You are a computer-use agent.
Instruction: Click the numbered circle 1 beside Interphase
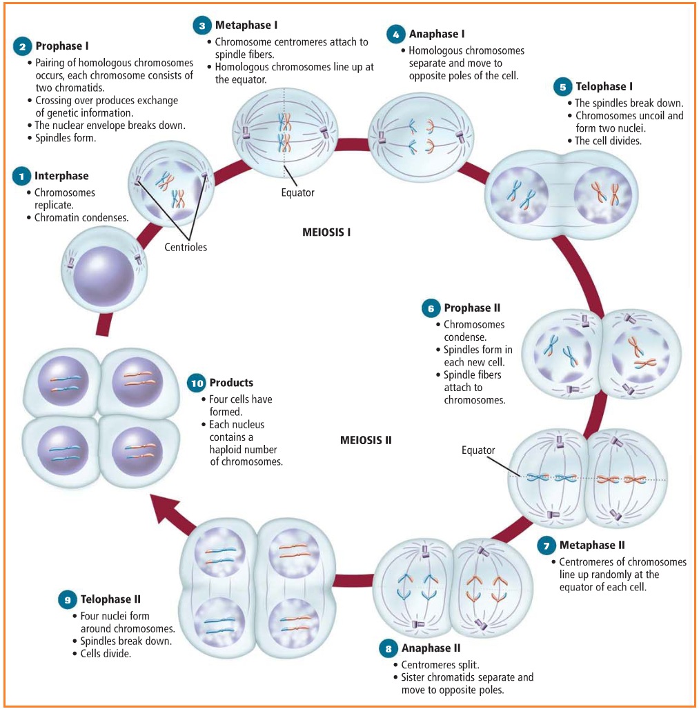22,177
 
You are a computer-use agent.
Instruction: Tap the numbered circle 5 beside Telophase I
563,87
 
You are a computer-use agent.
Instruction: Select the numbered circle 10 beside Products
197,383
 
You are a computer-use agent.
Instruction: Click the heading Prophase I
62,46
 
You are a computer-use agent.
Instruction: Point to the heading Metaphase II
592,546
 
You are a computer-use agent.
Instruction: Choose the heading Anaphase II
431,648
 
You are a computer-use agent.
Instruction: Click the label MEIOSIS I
326,232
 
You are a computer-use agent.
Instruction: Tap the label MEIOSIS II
366,439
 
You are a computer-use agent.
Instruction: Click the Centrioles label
186,247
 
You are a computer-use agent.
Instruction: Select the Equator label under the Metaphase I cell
297,192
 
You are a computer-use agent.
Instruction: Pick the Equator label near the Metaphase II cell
478,450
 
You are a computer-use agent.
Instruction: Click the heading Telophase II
110,599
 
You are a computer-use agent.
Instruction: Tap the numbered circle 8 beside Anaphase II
388,649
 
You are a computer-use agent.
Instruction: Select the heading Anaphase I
437,34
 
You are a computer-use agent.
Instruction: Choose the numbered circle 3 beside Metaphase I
202,26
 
